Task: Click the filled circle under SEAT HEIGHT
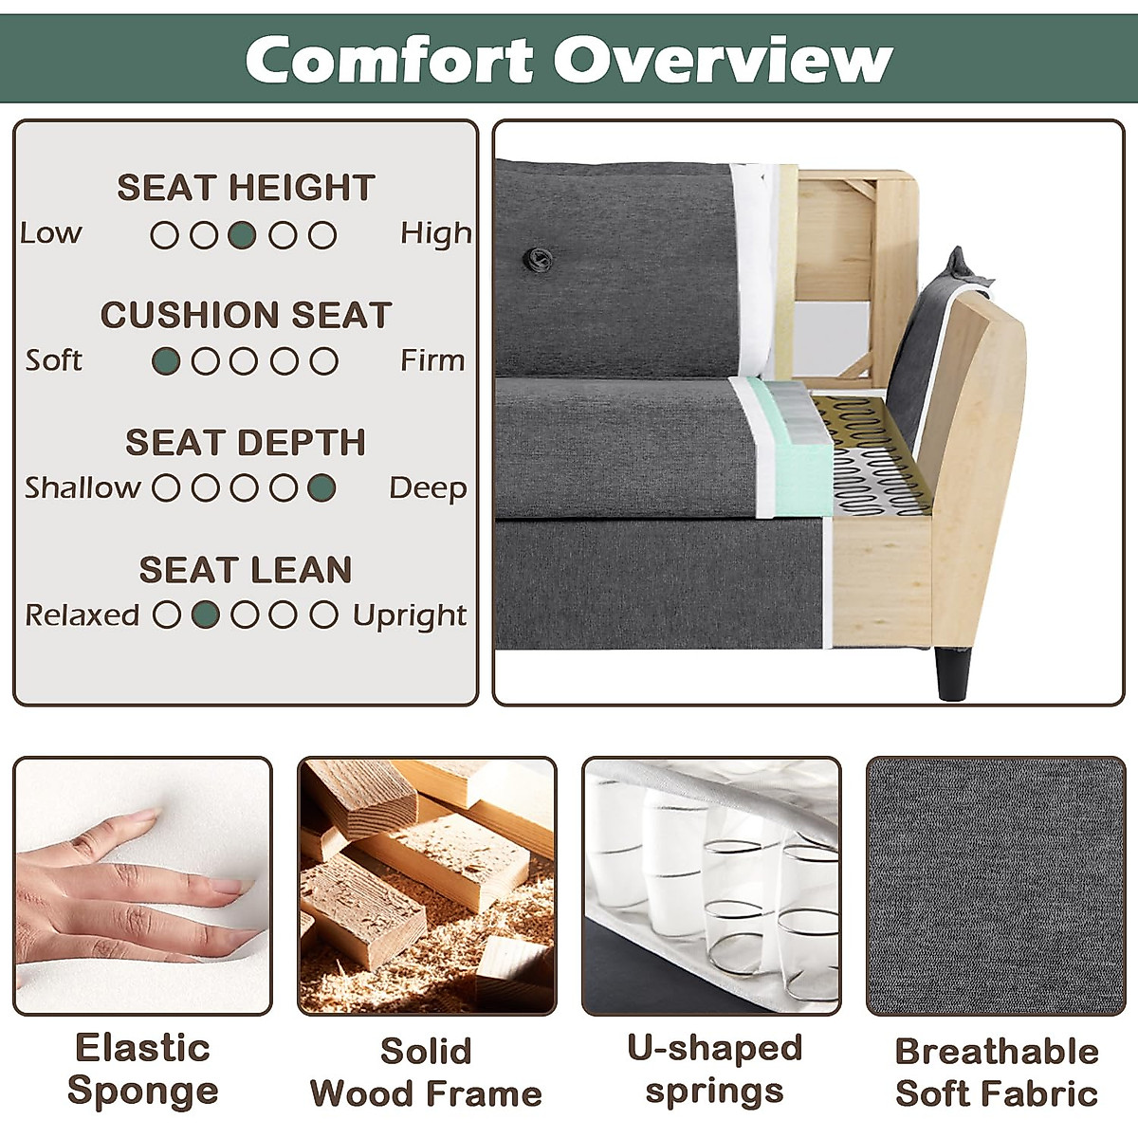242,235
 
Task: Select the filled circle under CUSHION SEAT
166,361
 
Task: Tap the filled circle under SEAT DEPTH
321,488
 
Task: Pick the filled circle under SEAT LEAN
206,615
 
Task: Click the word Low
51,233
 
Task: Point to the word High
436,234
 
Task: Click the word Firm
432,360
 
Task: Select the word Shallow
83,487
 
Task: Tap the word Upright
410,616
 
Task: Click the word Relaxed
83,615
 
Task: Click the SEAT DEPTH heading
246,442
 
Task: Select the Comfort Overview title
569,59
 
